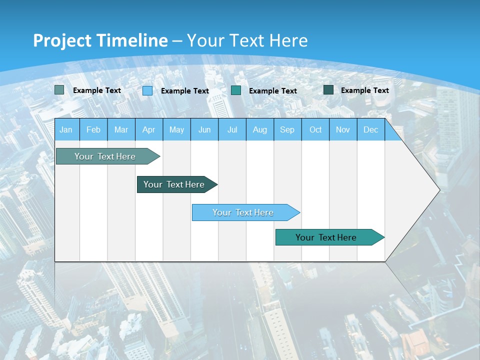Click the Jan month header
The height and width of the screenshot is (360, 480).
(66, 130)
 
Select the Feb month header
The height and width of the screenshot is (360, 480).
(93, 130)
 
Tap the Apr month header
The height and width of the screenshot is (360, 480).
(148, 130)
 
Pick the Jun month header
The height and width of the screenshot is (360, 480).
(204, 130)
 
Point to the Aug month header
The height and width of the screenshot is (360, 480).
(259, 130)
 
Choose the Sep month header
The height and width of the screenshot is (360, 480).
(287, 130)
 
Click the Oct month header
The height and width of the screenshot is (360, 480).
(315, 130)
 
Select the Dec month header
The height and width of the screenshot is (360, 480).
(370, 130)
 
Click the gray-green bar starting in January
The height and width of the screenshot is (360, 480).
(105, 156)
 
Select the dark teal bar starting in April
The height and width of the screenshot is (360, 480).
(174, 184)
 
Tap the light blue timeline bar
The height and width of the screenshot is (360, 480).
(243, 212)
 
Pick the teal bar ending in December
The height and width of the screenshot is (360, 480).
(326, 237)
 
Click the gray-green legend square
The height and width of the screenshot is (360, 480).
(59, 90)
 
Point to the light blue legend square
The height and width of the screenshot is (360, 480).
(147, 90)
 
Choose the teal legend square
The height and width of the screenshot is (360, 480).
(236, 90)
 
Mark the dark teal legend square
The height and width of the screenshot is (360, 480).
(328, 90)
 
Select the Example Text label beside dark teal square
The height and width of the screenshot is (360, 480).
(364, 90)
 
